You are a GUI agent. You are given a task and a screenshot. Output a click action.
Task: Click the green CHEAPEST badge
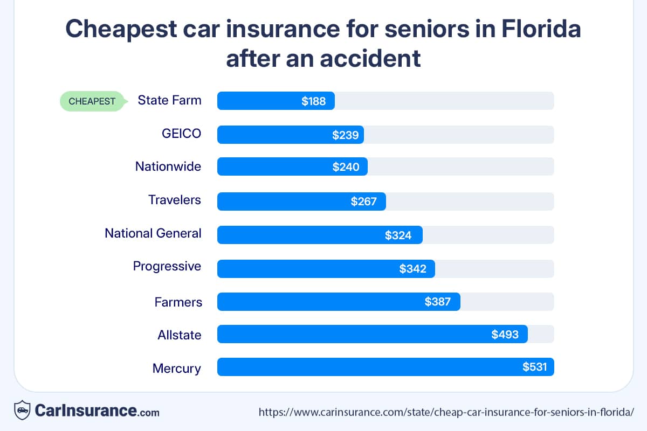click(92, 101)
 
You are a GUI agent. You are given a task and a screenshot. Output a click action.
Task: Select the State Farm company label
click(169, 100)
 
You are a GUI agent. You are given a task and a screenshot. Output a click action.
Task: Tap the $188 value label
click(314, 101)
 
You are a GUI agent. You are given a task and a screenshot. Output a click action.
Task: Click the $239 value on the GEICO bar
click(345, 135)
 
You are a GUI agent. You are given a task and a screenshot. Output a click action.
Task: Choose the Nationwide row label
click(168, 166)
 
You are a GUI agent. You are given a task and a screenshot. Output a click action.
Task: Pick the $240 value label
click(346, 167)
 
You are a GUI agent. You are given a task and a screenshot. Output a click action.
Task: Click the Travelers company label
click(175, 200)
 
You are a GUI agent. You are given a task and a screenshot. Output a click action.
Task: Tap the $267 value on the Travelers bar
click(364, 201)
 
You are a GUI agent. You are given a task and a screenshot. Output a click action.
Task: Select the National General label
click(153, 233)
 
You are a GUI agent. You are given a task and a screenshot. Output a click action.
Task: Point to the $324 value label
click(398, 235)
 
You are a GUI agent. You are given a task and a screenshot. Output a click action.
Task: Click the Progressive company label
click(167, 266)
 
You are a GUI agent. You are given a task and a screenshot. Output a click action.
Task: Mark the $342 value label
click(413, 269)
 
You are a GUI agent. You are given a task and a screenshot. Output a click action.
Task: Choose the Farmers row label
click(178, 302)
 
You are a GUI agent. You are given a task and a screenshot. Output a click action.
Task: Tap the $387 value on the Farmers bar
click(438, 302)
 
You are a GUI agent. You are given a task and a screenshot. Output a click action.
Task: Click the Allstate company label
click(180, 335)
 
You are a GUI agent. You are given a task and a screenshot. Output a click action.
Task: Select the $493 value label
click(505, 335)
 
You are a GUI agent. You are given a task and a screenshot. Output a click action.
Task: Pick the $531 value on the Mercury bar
click(535, 367)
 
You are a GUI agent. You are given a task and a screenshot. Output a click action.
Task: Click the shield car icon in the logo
click(22, 411)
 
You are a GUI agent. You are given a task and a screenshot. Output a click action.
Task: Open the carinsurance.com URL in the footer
click(446, 412)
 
